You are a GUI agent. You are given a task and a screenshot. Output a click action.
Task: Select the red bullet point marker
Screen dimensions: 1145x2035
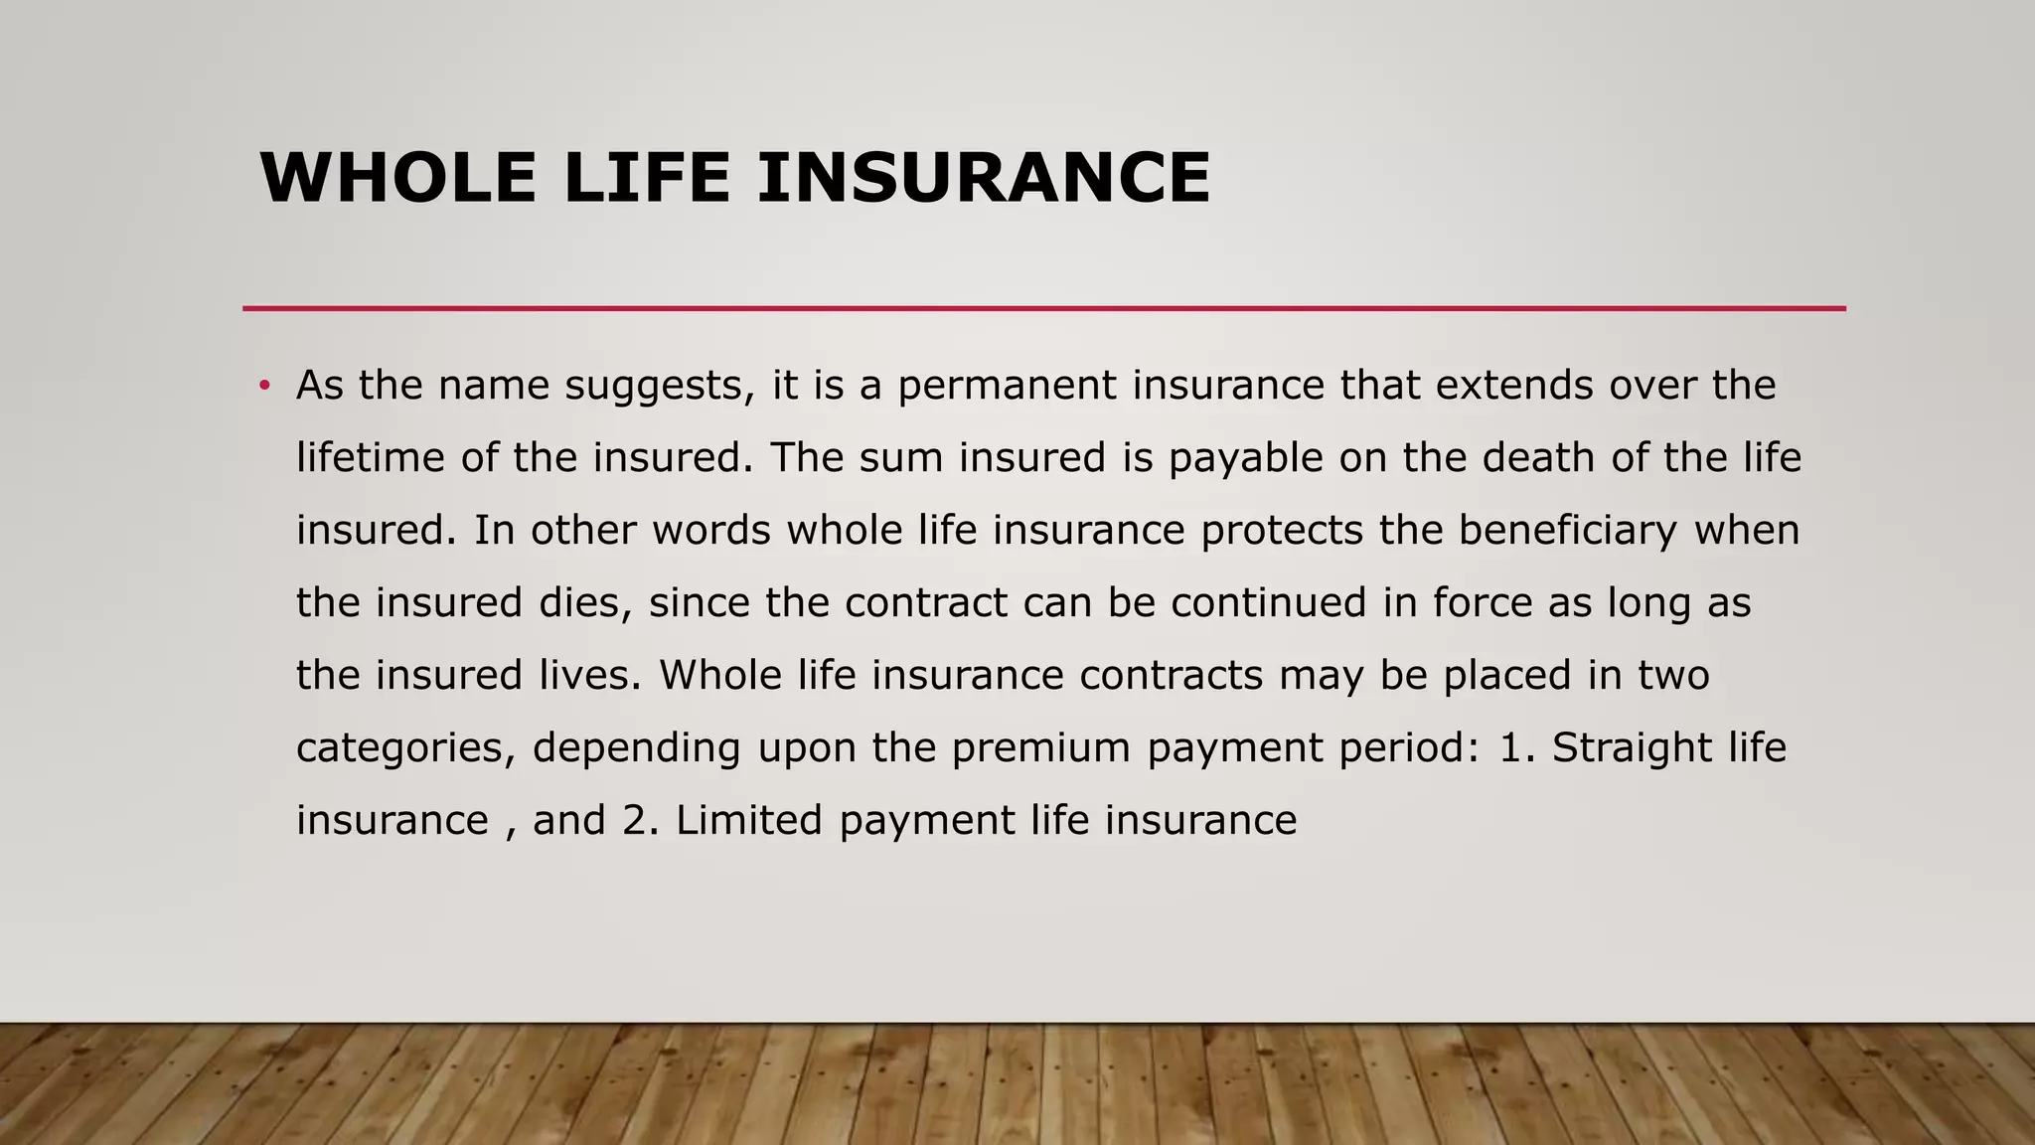point(264,386)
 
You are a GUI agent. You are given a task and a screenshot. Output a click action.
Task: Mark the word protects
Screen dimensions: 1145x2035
point(1282,531)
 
